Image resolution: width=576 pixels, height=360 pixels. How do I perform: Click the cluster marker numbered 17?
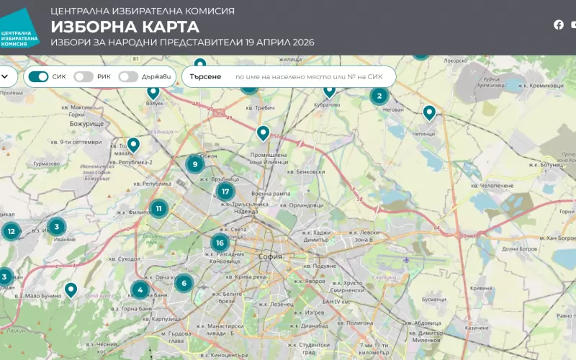(x=225, y=192)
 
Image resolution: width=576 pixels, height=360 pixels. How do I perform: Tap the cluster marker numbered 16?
(x=220, y=243)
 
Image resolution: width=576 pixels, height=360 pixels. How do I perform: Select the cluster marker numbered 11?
(x=158, y=210)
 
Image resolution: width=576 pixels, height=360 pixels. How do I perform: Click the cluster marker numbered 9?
(x=194, y=164)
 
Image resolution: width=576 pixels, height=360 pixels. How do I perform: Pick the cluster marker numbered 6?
(x=184, y=283)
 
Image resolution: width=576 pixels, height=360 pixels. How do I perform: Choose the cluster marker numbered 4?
(x=140, y=291)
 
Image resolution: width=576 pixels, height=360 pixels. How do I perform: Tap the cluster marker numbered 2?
(x=379, y=96)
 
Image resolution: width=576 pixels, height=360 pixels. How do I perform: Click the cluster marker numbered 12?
(x=11, y=231)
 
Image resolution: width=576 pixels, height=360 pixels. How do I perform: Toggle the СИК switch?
(x=38, y=76)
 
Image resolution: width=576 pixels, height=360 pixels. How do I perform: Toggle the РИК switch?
(x=84, y=76)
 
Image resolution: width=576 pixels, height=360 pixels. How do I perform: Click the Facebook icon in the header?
(x=559, y=24)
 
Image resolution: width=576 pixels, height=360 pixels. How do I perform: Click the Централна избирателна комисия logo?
(x=19, y=30)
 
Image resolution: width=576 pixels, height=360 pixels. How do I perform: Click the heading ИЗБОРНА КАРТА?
(x=125, y=27)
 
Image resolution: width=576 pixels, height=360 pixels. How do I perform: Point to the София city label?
(x=271, y=256)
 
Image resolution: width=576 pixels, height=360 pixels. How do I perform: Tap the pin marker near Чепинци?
(x=429, y=112)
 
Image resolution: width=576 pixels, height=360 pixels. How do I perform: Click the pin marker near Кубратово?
(x=330, y=90)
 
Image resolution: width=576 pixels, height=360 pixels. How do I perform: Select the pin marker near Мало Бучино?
(x=71, y=289)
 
